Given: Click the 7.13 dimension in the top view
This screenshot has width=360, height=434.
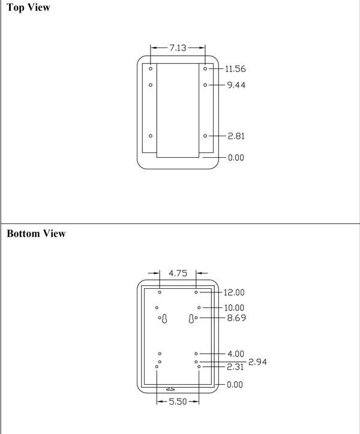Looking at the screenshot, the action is click(178, 48).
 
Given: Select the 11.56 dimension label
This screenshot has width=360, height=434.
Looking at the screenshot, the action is click(235, 69).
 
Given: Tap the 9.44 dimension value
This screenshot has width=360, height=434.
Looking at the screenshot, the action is click(236, 85).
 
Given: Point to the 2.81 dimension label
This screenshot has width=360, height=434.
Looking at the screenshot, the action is click(236, 136).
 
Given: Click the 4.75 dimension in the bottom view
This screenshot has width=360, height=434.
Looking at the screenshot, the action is click(178, 273).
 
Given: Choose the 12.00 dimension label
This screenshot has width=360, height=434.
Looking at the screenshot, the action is click(234, 292).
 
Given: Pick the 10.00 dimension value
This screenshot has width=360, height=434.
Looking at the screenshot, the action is click(234, 308).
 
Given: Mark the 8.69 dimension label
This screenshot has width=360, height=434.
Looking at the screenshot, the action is click(236, 318).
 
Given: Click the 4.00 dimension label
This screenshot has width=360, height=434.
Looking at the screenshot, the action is click(236, 354).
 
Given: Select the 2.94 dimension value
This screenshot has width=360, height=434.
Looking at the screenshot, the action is click(257, 362).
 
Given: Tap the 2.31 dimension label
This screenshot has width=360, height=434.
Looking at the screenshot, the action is click(235, 367).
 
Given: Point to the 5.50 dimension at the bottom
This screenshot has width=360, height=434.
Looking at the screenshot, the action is click(178, 402).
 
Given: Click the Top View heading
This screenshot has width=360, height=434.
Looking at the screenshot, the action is click(28, 7).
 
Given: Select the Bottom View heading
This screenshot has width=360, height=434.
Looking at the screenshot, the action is click(36, 234).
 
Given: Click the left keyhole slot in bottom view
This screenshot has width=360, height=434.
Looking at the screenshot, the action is click(164, 319).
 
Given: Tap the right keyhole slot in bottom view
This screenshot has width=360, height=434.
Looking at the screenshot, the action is click(191, 319).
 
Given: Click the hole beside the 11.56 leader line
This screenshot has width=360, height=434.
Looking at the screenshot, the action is click(205, 68).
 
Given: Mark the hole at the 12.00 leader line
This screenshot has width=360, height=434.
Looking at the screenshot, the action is click(196, 292).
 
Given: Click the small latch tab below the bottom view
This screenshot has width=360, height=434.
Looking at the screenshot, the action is click(170, 389).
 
